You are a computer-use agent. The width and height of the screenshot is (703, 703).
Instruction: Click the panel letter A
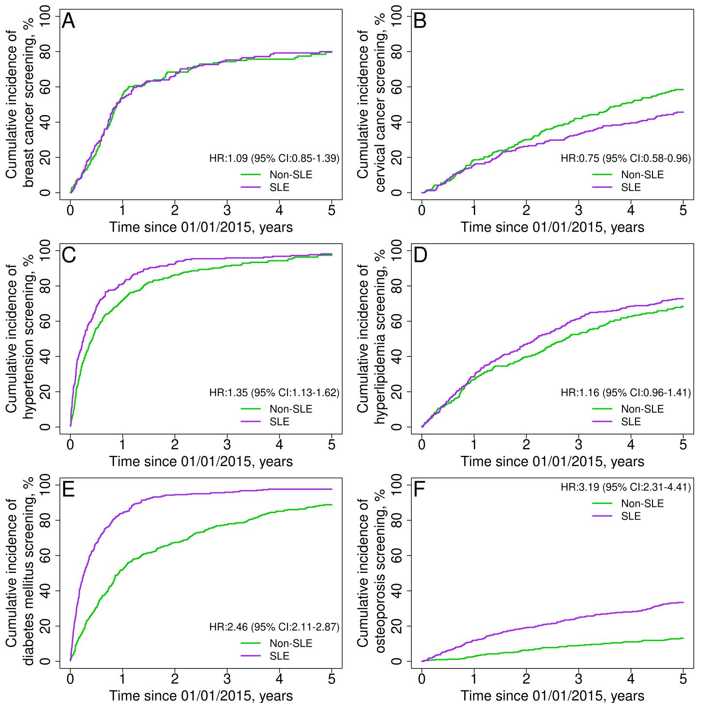pos(68,21)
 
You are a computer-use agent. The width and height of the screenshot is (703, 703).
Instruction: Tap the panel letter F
pos(419,490)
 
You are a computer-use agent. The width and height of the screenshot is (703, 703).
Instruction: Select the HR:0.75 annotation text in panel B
pos(625,158)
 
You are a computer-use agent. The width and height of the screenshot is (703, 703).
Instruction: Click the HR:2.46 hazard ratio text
pos(274,627)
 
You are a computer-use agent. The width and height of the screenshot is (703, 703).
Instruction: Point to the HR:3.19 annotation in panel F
pos(625,487)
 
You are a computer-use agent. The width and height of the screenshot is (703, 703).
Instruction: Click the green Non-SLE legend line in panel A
pos(251,175)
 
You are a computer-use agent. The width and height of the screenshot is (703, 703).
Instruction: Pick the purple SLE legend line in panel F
pos(603,516)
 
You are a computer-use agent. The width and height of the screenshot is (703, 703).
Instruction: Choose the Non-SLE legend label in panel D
pos(642,409)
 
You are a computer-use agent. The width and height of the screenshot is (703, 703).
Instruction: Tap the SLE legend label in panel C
pos(279,422)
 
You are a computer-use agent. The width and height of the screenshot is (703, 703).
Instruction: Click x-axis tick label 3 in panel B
pos(578,210)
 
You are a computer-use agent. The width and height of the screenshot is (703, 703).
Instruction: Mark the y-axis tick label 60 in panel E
pos(46,555)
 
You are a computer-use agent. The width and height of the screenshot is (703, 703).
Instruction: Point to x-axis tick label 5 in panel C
pos(332,445)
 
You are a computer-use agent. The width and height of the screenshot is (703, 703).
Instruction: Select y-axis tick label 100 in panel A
pos(46,17)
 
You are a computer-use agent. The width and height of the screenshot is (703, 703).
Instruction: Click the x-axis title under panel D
pos(552,461)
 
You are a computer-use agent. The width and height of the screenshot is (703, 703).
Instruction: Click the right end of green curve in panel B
pos(683,90)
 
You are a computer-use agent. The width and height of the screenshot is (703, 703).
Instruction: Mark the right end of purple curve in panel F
pos(683,603)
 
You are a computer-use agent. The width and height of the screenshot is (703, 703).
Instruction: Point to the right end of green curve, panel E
pos(332,505)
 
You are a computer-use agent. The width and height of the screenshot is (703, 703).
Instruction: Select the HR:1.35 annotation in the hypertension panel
pos(274,392)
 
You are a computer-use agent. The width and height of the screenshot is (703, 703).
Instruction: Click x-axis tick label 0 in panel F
pos(422,679)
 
